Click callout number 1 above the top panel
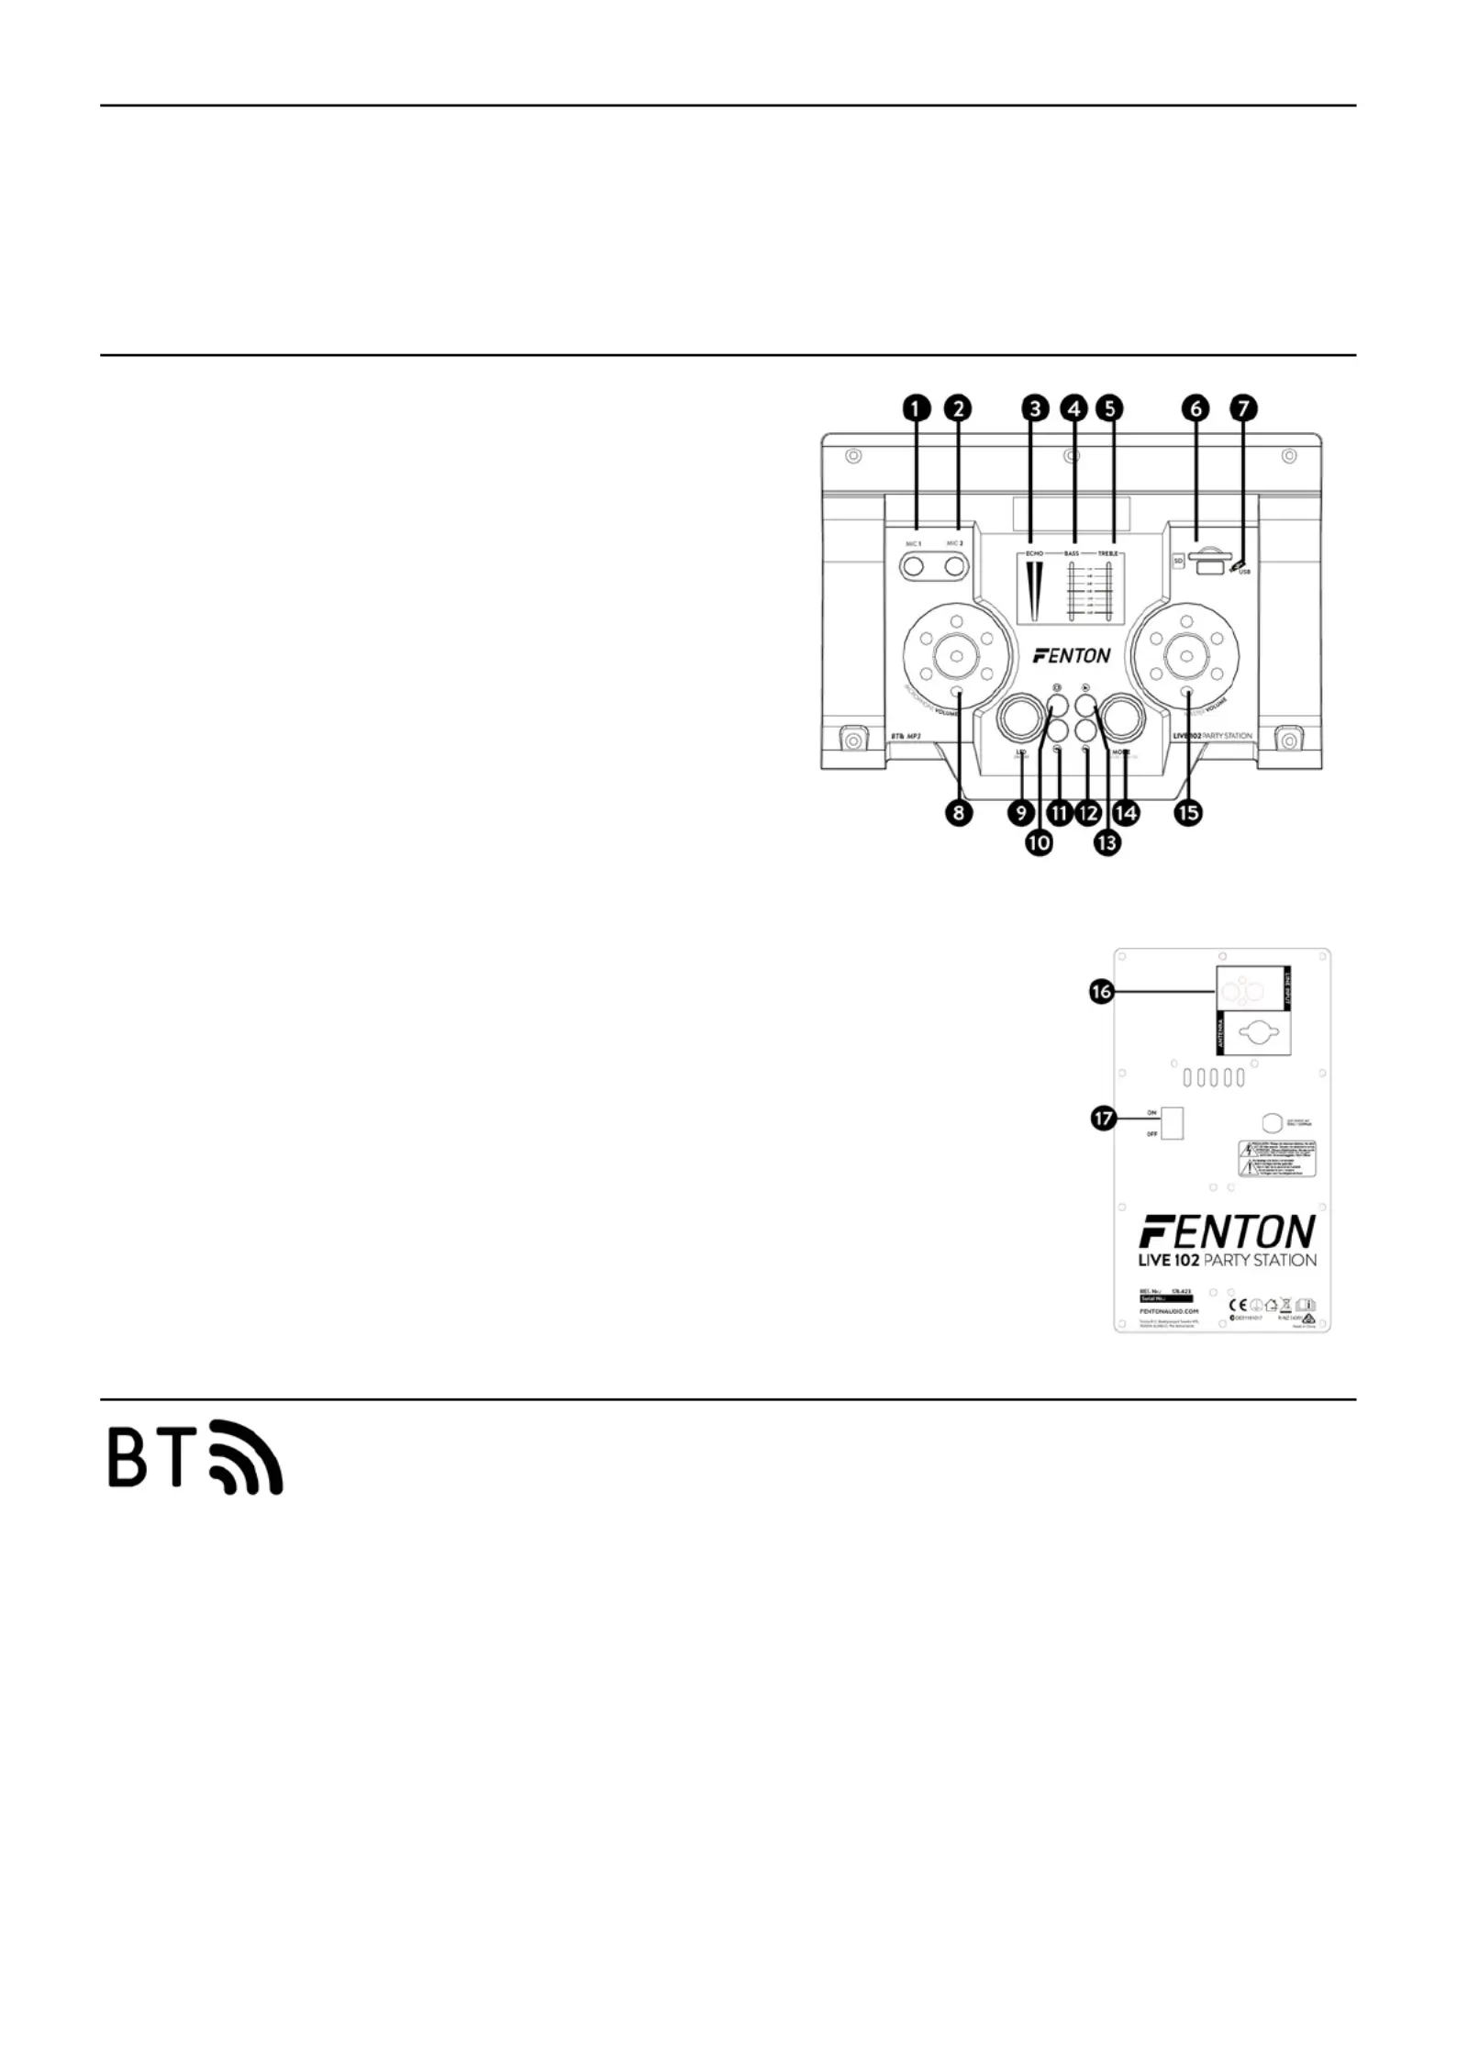pos(916,408)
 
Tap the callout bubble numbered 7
pos(1243,408)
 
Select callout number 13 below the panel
pos(1107,842)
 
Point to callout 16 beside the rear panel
pos(1102,992)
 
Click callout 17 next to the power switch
pos(1102,1119)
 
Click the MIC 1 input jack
pos(913,567)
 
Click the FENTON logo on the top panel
pos(1071,655)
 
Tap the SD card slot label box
pos(1177,560)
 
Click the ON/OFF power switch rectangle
pos(1172,1123)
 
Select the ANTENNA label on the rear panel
pos(1220,1034)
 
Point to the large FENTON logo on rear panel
pos(1228,1231)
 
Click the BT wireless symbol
pos(195,1456)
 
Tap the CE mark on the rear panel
pos(1239,1304)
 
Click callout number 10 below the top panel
pos(1039,842)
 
